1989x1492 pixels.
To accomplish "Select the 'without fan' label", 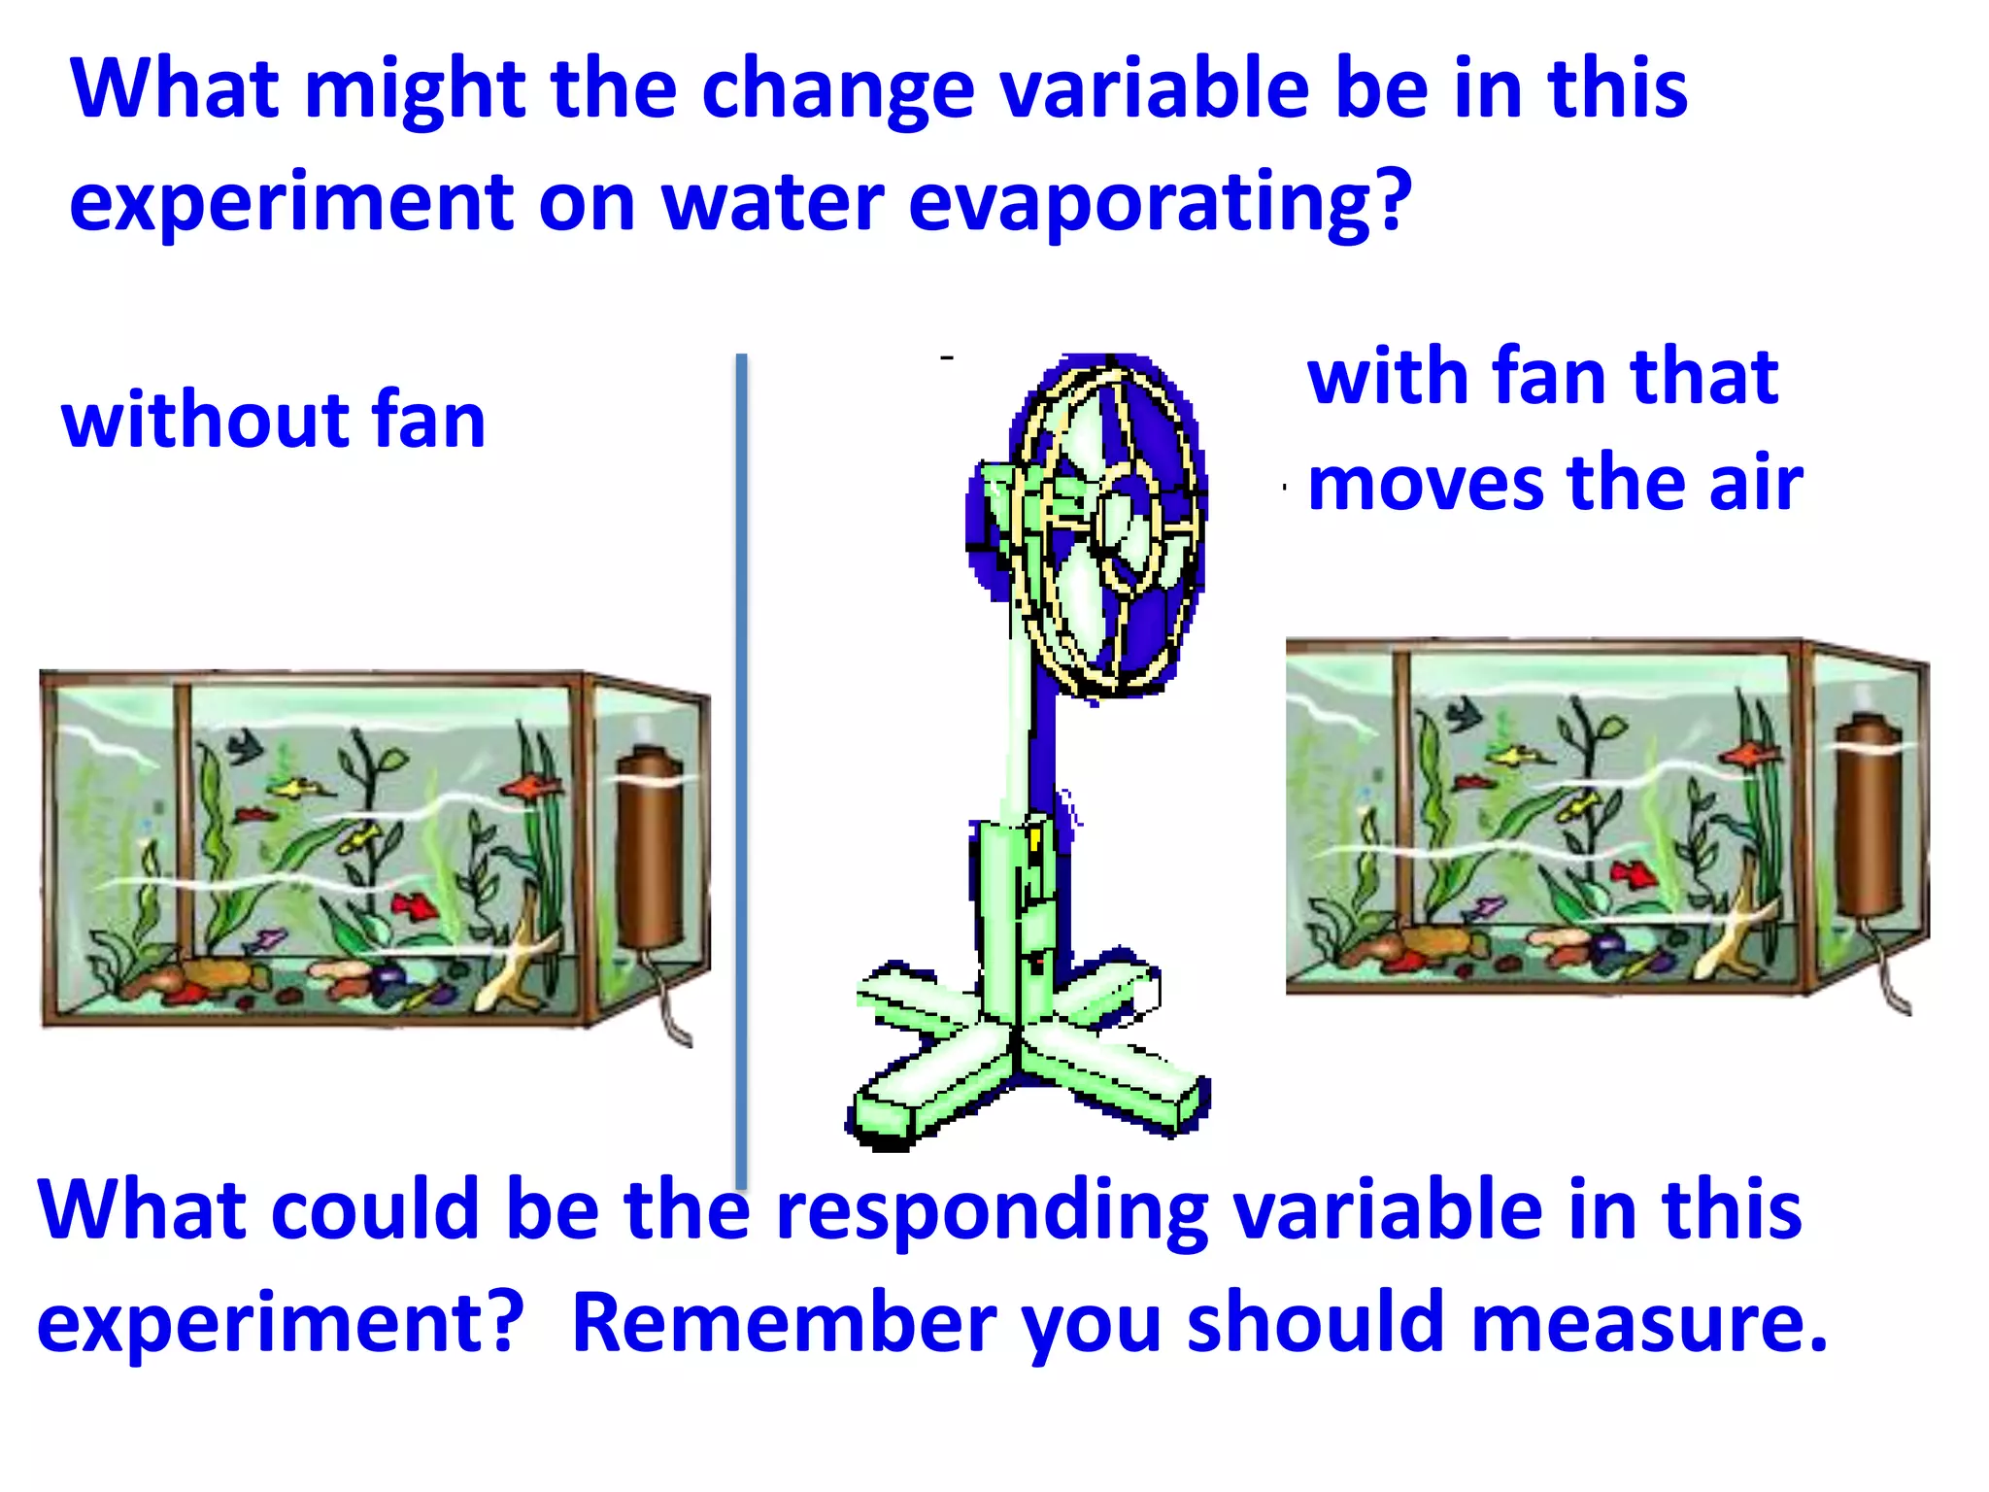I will [273, 421].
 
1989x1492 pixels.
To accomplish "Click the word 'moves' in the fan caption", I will [1426, 484].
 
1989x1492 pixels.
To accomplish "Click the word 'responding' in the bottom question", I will [992, 1212].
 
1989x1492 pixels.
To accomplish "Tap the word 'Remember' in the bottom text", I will [783, 1323].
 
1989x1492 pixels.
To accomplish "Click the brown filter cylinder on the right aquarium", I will [1869, 816].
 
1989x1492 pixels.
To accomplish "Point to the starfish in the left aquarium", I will [520, 962].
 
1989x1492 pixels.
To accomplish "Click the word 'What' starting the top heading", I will [175, 89].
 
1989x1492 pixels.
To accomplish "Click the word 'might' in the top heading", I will [415, 89].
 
